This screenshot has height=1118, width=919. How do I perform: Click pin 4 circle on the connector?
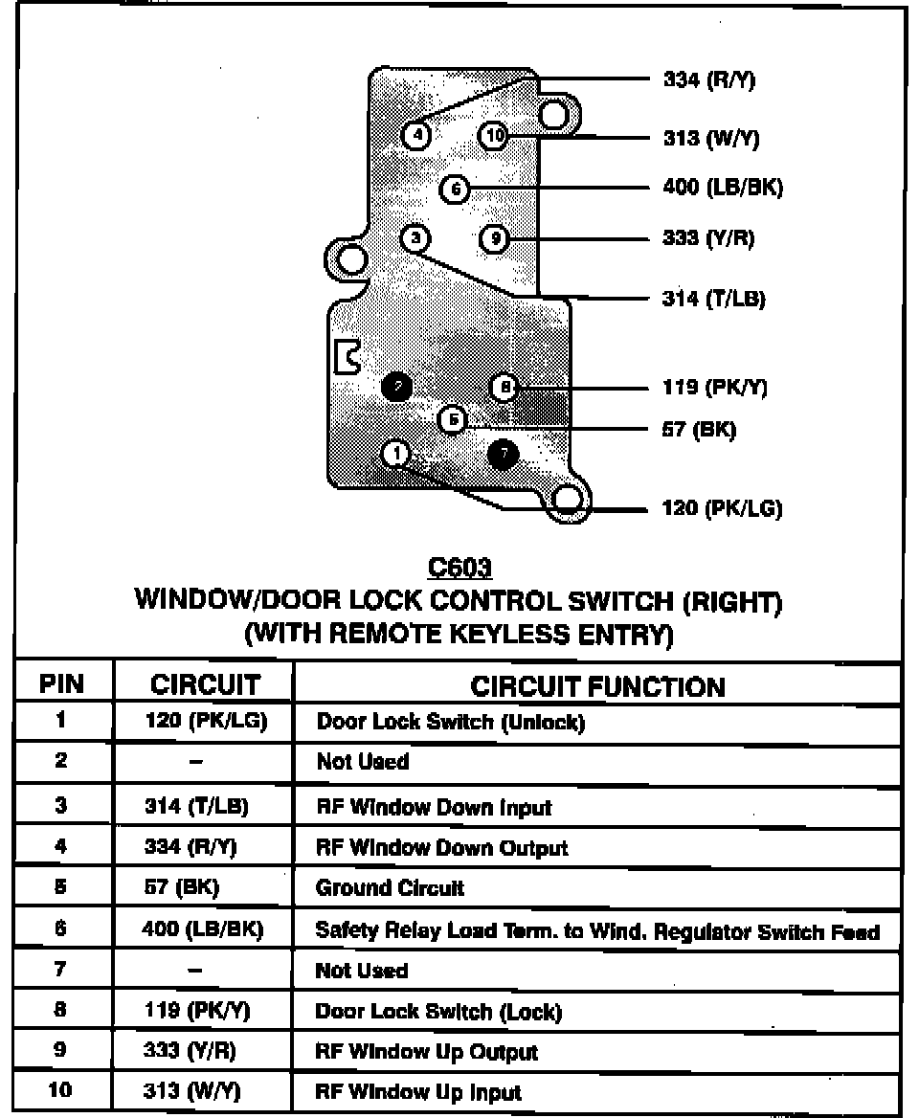tap(416, 135)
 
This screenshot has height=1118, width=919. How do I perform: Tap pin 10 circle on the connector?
tap(493, 136)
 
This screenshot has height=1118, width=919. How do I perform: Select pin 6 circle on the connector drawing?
tap(455, 190)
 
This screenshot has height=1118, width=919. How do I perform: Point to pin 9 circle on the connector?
tap(493, 238)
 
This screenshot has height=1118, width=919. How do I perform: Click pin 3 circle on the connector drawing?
tap(415, 237)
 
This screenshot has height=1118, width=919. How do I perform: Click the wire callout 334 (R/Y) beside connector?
tap(708, 80)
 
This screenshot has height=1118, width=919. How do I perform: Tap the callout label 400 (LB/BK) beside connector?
tap(722, 188)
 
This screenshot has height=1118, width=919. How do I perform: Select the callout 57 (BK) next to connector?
tap(699, 430)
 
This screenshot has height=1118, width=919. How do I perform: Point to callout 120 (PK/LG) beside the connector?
tap(722, 508)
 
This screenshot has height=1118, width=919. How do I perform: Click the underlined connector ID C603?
tap(460, 569)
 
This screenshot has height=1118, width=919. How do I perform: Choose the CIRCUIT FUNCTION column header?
tap(598, 686)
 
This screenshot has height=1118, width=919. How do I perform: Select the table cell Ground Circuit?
tap(390, 888)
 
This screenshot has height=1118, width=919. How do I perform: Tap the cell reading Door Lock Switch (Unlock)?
tap(450, 722)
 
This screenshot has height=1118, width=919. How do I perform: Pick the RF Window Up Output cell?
tap(427, 1052)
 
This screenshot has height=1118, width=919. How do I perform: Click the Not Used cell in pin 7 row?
tap(362, 971)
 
